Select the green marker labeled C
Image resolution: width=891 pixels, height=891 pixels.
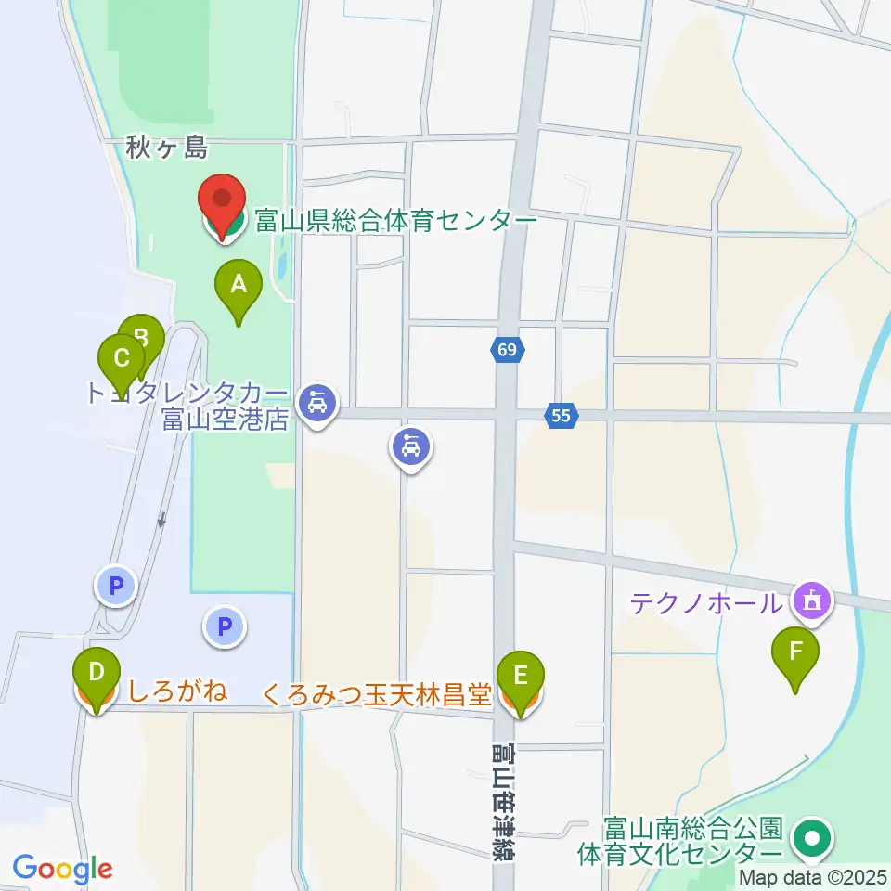122,359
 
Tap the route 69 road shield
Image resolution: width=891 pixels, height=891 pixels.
507,351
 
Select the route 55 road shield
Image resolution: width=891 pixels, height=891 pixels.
560,417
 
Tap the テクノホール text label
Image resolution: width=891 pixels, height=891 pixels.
706,603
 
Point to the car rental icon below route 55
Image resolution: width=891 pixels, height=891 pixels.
411,449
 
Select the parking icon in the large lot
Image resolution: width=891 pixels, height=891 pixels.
224,626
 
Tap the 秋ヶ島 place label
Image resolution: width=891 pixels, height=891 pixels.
166,147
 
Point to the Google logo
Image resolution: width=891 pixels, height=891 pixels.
62,869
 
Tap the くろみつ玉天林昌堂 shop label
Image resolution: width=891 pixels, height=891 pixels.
377,695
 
